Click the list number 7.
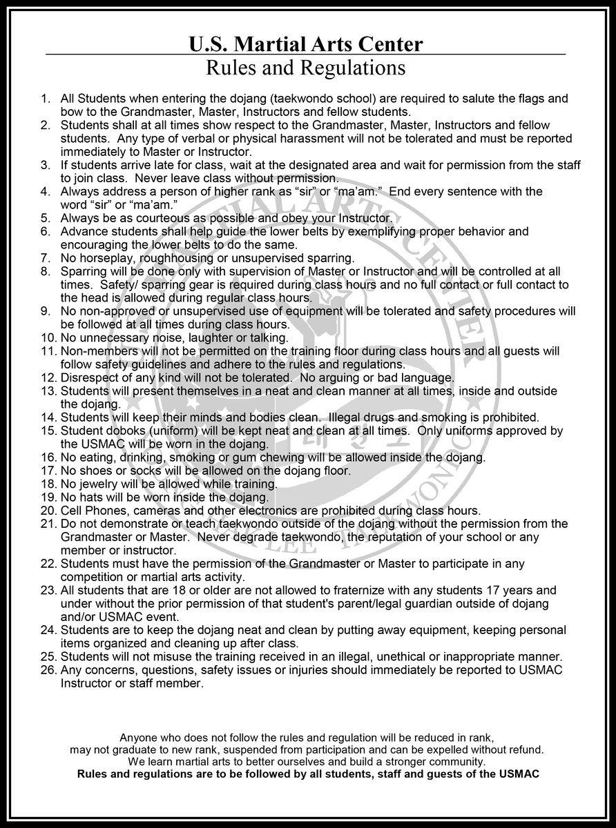pos(46,258)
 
